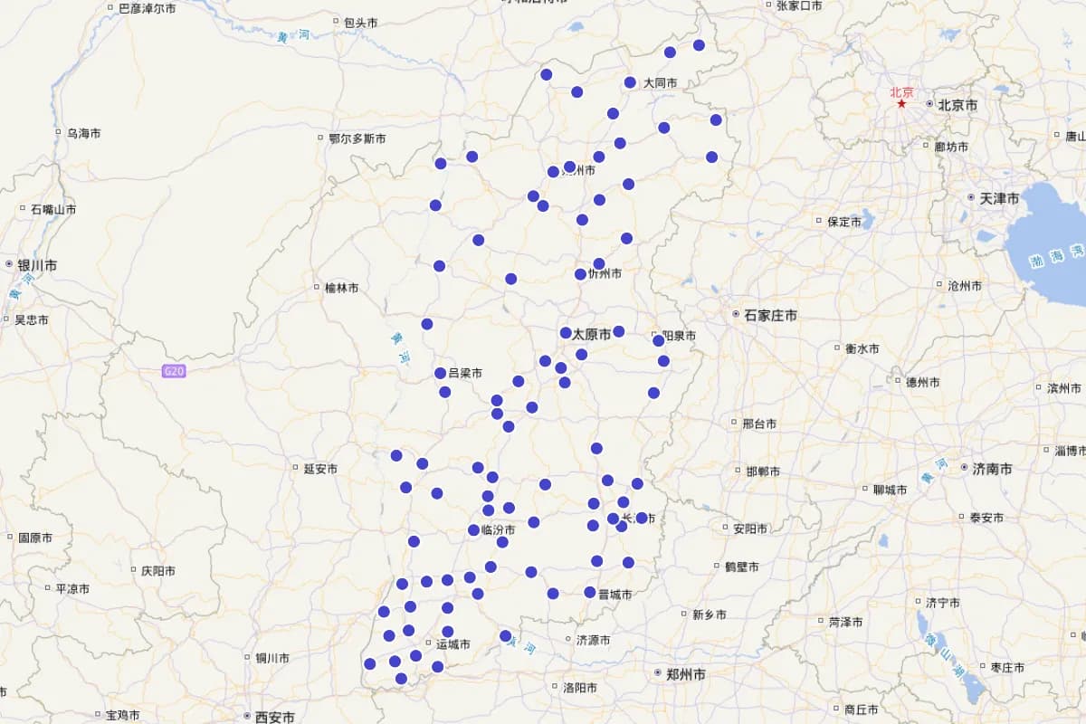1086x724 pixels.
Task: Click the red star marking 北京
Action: point(901,104)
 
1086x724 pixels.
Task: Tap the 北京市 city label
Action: point(957,105)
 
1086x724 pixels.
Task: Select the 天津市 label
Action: point(999,198)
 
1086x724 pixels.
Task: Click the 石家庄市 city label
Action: point(770,315)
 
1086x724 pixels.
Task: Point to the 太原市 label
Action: point(591,334)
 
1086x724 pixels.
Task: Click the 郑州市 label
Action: point(685,674)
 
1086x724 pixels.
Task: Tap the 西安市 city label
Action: point(274,717)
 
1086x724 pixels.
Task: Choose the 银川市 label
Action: point(37,265)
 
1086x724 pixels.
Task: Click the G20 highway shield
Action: point(174,371)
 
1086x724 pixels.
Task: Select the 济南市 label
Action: point(992,469)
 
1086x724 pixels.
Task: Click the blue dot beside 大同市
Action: point(630,82)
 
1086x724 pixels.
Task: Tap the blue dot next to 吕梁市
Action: point(440,373)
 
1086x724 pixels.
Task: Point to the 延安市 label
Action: point(320,469)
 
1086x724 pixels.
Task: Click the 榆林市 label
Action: point(341,288)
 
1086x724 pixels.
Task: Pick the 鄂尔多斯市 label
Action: point(357,138)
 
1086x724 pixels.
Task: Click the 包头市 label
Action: point(360,22)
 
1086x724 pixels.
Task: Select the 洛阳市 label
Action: point(579,688)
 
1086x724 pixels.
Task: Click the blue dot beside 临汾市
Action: point(473,530)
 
